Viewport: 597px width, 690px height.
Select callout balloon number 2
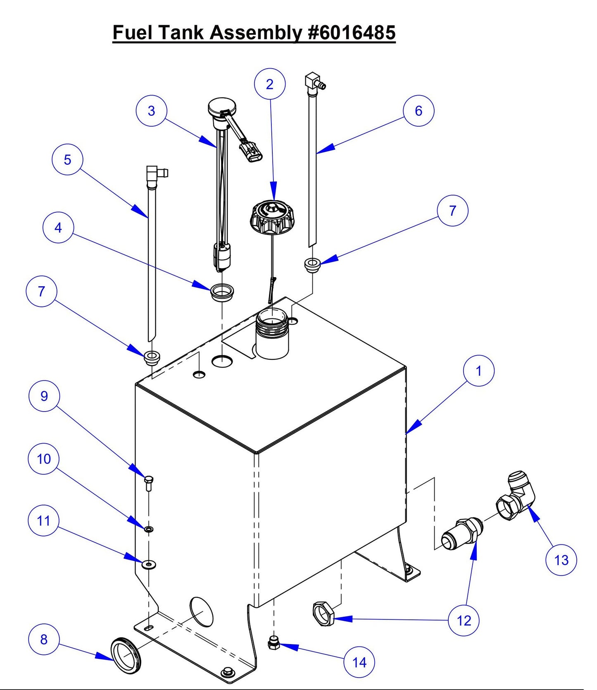pos(270,84)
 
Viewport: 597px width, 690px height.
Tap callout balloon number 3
pos(151,111)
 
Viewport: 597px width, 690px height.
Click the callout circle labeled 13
pos(561,560)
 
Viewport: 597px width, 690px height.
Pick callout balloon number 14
pos(359,663)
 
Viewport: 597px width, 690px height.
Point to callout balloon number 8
pos(44,640)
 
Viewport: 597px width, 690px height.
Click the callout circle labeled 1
pos(478,371)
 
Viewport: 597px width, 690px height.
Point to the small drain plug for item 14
pos(274,644)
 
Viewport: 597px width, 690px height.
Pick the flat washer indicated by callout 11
pos(148,564)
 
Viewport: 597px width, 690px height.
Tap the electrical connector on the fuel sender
pos(251,152)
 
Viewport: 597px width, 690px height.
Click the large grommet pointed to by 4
pos(222,292)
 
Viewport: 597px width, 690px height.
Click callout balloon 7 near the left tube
pos(41,292)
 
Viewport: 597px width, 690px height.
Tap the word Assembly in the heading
pos(255,32)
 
